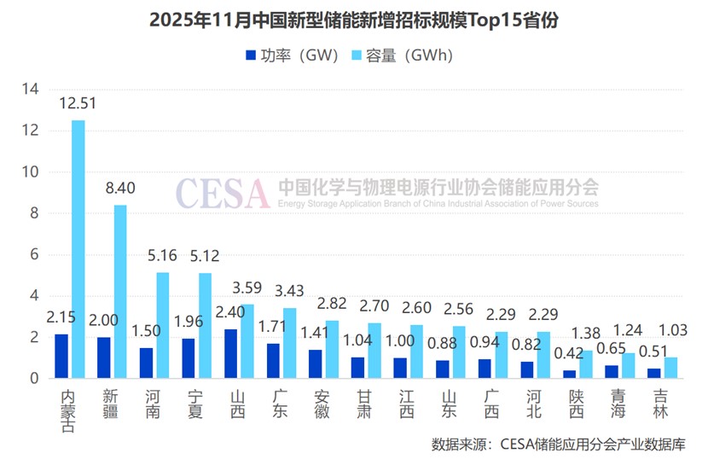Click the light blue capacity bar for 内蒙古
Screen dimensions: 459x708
78,249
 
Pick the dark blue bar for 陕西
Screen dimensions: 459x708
569,374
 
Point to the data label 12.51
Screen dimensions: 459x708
77,103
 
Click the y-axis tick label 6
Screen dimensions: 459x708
34,254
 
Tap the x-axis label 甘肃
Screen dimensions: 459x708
364,404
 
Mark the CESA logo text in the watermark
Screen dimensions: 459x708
223,195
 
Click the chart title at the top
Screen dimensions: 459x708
354,20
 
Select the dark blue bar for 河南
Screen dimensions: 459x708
146,363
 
